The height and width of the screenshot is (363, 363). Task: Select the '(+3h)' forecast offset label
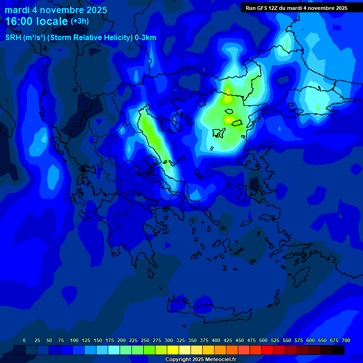point(79,21)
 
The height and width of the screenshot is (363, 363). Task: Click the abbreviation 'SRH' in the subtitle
point(13,38)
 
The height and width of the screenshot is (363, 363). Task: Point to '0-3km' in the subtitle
point(146,38)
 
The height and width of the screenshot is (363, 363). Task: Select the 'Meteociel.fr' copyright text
point(216,360)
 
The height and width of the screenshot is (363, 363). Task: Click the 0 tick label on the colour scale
point(24,340)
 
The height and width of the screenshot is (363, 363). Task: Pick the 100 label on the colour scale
point(74,340)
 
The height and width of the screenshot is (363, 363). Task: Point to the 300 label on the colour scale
point(169,340)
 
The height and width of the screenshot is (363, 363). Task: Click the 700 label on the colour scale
point(346,340)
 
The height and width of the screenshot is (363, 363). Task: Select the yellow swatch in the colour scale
point(173,350)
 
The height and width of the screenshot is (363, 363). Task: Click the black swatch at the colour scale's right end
point(338,350)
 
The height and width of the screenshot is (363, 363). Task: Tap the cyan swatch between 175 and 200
point(114,350)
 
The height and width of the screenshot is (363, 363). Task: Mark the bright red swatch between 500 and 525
point(268,350)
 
